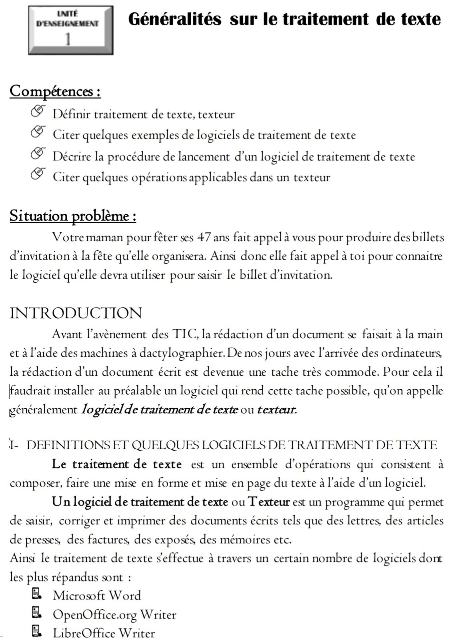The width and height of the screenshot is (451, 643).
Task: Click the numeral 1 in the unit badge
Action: tap(68, 40)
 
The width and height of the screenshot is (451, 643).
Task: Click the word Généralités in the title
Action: tap(175, 19)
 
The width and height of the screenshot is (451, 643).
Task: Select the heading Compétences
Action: tap(55, 91)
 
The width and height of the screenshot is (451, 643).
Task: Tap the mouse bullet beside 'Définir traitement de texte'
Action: tap(38, 111)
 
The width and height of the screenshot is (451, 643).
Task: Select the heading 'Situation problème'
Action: tap(73, 216)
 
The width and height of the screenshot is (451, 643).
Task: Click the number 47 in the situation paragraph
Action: tap(204, 237)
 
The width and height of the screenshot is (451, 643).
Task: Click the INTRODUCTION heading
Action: tap(76, 313)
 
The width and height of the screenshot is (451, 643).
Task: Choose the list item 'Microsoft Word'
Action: tap(97, 595)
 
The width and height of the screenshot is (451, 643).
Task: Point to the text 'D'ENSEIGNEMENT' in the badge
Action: tap(68, 24)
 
